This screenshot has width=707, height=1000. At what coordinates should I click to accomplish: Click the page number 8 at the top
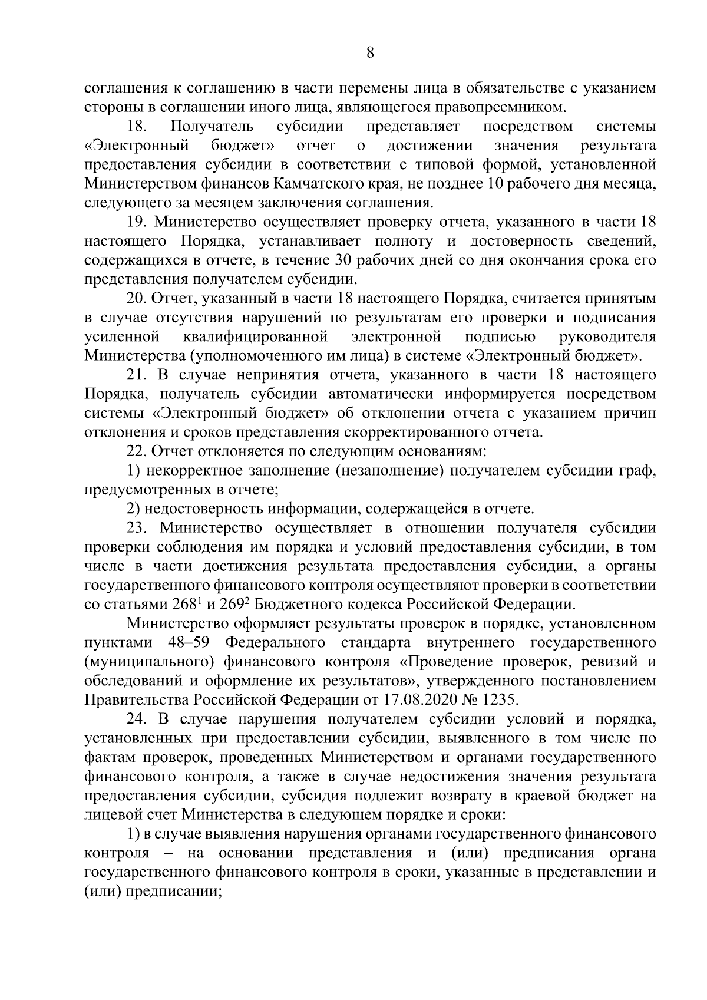pyautogui.click(x=370, y=52)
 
